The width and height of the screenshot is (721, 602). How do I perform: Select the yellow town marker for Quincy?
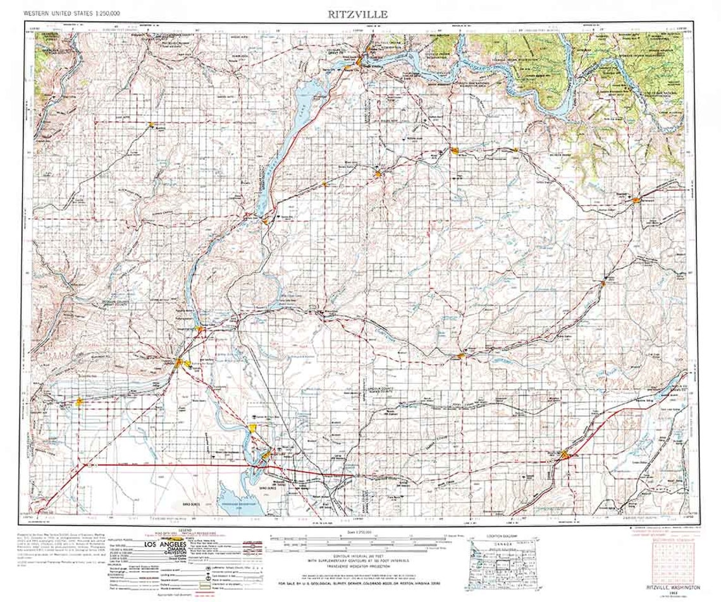click(x=79, y=400)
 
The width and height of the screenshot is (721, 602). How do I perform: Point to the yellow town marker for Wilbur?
click(x=455, y=150)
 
